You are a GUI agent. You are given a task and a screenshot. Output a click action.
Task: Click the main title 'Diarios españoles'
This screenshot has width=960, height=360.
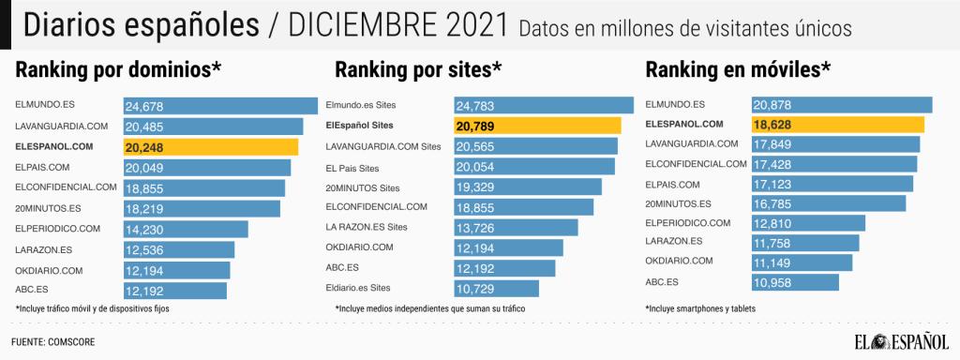(x=139, y=25)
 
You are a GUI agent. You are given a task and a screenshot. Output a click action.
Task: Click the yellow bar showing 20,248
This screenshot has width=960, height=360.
(x=211, y=146)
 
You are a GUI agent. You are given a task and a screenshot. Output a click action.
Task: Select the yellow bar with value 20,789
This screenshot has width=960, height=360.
(x=537, y=126)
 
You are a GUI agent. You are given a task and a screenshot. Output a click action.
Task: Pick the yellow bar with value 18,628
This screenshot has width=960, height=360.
(x=837, y=125)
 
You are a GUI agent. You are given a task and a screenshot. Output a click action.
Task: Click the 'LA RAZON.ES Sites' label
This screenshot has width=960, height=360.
(x=367, y=227)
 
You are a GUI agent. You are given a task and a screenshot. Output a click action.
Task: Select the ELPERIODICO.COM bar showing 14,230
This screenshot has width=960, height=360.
(x=186, y=229)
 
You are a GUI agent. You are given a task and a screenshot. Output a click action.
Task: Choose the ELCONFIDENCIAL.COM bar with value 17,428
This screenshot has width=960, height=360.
(x=833, y=165)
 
